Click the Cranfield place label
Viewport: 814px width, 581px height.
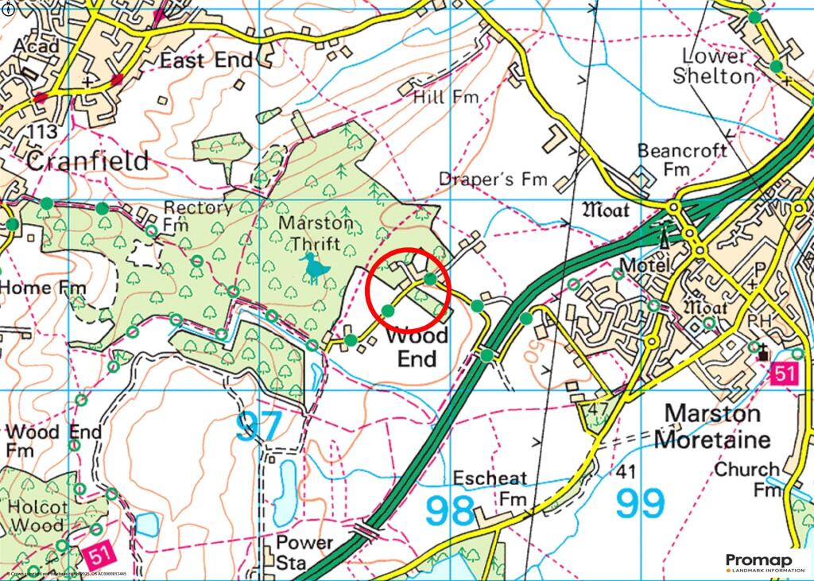(87, 161)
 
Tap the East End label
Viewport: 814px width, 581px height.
(206, 60)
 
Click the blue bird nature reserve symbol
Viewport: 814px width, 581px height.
(316, 269)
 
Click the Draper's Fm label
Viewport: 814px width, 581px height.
(494, 180)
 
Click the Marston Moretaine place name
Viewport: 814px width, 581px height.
(717, 426)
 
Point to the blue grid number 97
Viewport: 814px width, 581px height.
(258, 427)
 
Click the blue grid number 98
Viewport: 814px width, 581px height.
(451, 510)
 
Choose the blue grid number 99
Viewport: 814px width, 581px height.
(640, 502)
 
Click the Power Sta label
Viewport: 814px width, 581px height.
(304, 552)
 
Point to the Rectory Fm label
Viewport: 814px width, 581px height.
(197, 216)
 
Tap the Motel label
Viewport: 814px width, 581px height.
(643, 265)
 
